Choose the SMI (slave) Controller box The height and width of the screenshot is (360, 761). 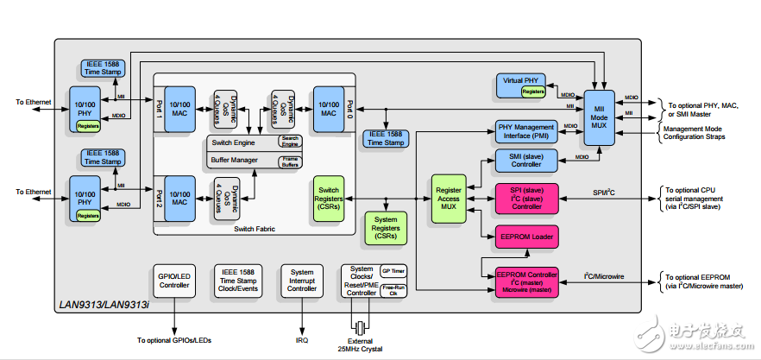[526, 160]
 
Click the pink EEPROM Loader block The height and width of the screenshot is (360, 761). [526, 235]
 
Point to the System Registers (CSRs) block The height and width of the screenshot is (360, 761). [387, 230]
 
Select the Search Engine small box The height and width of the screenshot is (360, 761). [290, 141]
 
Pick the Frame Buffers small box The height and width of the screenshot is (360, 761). [290, 161]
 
